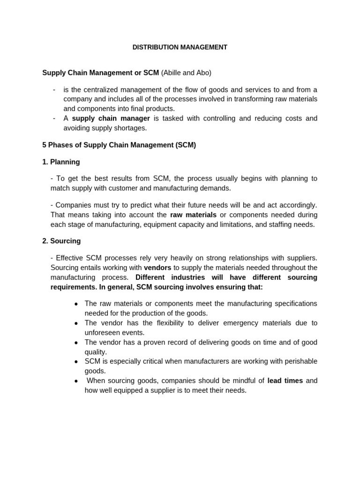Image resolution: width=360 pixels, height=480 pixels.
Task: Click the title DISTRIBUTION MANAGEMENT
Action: pos(180,47)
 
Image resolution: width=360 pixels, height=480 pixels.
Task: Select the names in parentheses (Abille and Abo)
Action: pos(186,73)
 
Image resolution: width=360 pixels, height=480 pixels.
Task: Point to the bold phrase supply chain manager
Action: pos(111,118)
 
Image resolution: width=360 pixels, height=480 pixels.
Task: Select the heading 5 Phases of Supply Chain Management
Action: pos(119,145)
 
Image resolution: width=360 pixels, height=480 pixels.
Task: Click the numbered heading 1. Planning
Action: pos(61,162)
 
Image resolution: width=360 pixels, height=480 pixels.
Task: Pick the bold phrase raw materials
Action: pos(193,215)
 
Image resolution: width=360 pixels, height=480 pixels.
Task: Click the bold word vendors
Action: pos(157,268)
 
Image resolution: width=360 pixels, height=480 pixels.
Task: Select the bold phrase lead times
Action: pos(285,381)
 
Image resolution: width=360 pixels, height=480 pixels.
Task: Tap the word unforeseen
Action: pos(101,332)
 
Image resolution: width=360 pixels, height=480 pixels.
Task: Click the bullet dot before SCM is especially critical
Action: pos(76,361)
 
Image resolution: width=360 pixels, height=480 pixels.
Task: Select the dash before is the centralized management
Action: pos(54,90)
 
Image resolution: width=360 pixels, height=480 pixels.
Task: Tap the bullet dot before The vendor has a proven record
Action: pos(76,342)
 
